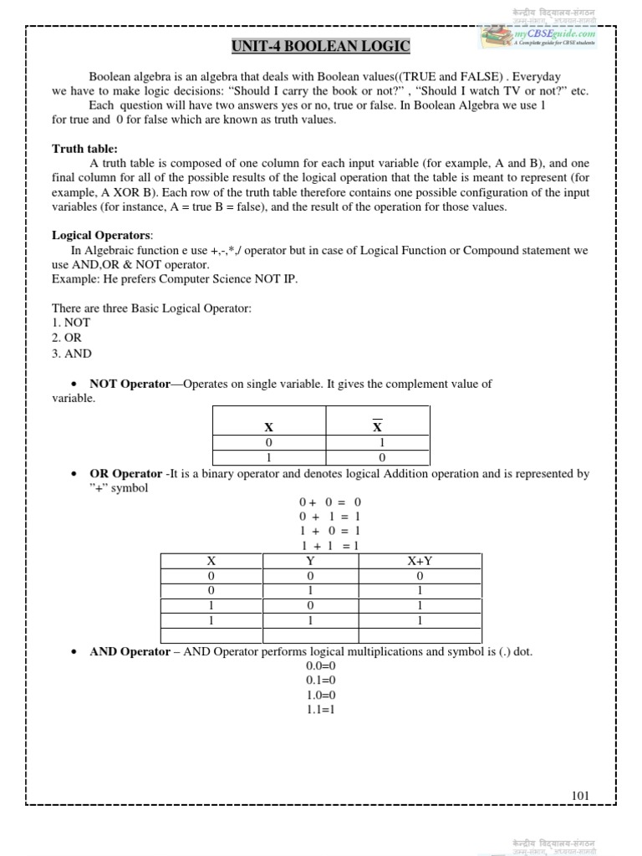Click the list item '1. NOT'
coord(71,322)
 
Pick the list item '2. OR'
coord(68,337)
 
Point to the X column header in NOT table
coord(268,427)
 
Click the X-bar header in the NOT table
coord(377,426)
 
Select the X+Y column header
coord(419,561)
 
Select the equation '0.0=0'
coord(320,665)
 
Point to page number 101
coord(581,795)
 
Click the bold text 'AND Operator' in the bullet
coord(130,651)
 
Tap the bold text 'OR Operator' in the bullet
coord(125,474)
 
